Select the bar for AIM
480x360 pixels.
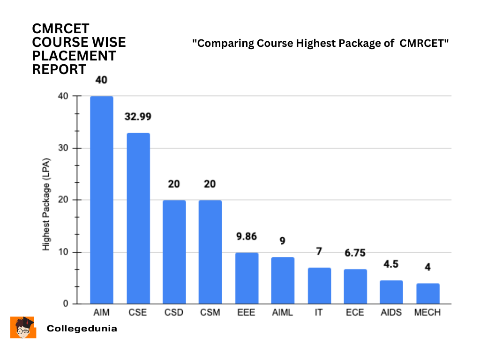coord(102,200)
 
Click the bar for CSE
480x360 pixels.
coord(138,218)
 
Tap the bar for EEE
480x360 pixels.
coord(247,278)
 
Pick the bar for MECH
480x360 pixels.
coord(427,293)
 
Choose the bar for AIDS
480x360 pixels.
coord(391,292)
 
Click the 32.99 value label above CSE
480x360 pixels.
coord(138,117)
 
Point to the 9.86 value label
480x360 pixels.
coord(247,236)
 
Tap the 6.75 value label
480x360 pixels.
coord(355,253)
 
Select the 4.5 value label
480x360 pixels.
coord(391,264)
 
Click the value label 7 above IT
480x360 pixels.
coord(319,252)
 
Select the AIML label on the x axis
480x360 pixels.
coord(283,313)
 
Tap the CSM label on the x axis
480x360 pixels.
coord(210,313)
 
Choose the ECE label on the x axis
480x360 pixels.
coord(355,313)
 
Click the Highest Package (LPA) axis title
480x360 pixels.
coord(46,207)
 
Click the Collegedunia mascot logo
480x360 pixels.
coord(23,327)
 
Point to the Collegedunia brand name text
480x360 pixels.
coord(82,329)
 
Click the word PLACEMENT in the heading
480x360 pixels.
coord(74,56)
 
